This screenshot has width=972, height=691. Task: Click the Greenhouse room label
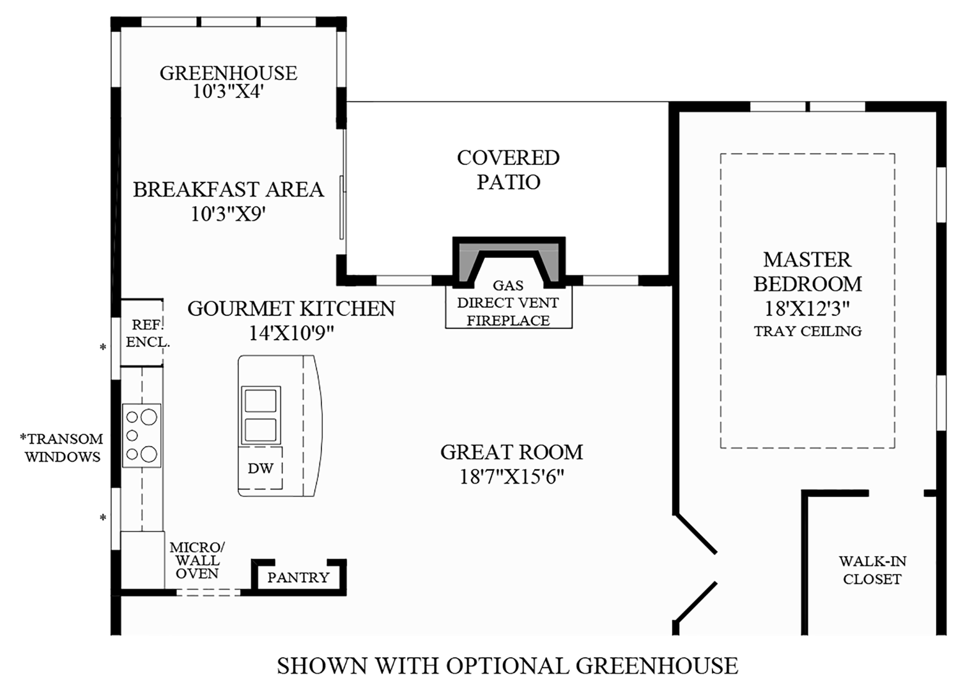tap(228, 73)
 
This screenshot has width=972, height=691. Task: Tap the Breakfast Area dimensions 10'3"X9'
tap(228, 214)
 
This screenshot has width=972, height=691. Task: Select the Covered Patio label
tap(508, 170)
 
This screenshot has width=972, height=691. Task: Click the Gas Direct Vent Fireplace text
tap(508, 303)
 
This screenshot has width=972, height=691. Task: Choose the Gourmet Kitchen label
tap(291, 308)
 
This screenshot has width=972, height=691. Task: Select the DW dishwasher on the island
tap(261, 468)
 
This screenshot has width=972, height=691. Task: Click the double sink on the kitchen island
tap(260, 415)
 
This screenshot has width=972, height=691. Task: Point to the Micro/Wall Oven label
tap(197, 560)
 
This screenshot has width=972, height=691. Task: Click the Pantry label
tap(298, 577)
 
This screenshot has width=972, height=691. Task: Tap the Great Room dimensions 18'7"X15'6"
tap(511, 477)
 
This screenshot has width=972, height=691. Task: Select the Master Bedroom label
tap(807, 271)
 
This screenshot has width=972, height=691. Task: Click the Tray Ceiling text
tap(807, 331)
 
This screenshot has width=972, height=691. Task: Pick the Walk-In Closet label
tap(872, 570)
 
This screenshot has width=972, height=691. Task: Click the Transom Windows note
tap(62, 448)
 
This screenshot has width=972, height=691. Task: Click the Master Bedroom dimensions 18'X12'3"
tap(807, 309)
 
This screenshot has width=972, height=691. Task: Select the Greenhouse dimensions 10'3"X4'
tap(228, 91)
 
